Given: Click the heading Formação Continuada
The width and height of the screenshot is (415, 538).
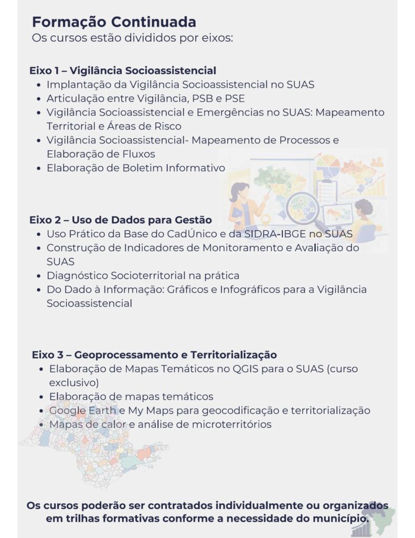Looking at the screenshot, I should pos(114,22).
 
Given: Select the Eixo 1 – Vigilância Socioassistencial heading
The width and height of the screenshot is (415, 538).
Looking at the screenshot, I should pos(123,70).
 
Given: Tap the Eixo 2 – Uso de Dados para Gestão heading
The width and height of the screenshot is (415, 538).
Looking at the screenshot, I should pos(121,220).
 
